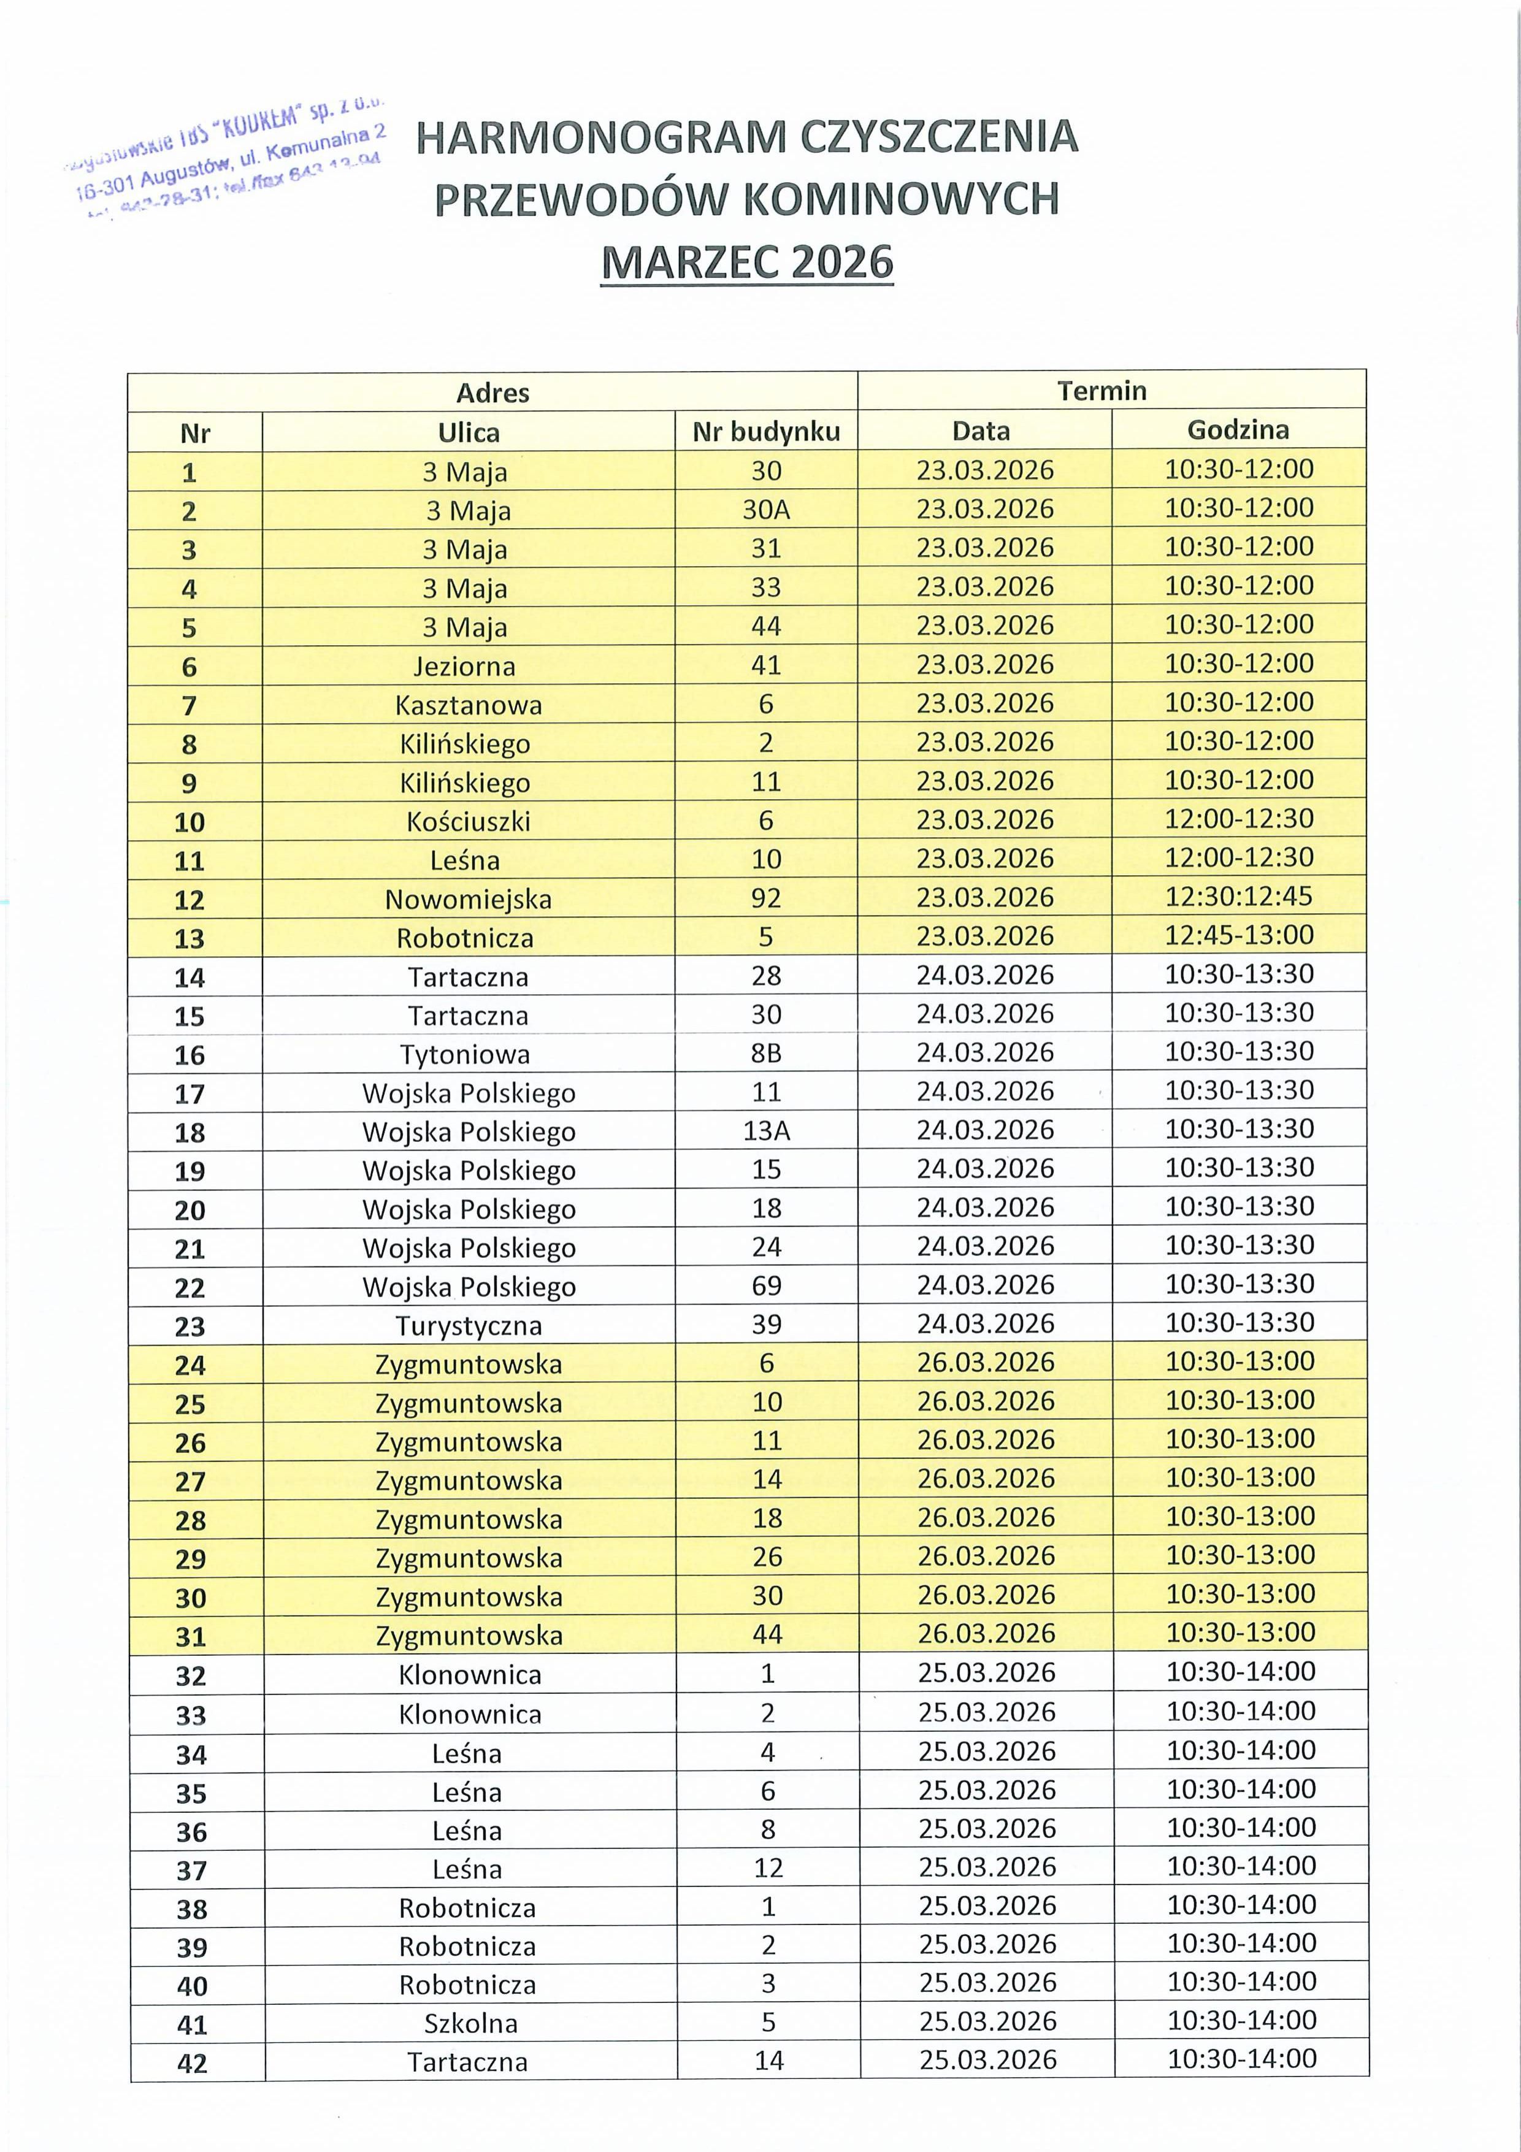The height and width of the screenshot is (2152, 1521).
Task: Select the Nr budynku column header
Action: [x=765, y=432]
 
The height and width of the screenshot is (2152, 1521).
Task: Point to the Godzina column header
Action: [x=1238, y=430]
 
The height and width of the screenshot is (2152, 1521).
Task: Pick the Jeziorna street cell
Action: [x=465, y=667]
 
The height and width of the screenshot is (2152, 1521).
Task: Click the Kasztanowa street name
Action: [x=467, y=705]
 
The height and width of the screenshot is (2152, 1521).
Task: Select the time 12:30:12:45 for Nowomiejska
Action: [x=1238, y=896]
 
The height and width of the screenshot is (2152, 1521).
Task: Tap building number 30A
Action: [x=765, y=510]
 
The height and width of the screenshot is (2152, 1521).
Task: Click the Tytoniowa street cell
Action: [x=465, y=1054]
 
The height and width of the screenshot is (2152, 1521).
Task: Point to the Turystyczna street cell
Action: [x=469, y=1325]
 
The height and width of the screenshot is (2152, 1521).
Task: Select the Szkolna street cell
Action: [x=470, y=2023]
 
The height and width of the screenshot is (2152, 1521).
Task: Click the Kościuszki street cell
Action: [x=467, y=822]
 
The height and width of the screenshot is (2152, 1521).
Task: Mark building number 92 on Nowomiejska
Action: [x=765, y=898]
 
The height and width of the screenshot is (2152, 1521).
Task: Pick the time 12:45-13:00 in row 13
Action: [x=1238, y=935]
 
